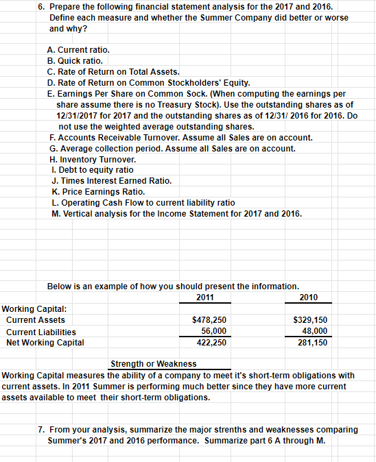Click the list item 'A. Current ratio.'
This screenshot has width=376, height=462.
click(x=78, y=50)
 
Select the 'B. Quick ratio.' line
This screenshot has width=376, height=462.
click(x=75, y=60)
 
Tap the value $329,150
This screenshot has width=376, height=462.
click(x=310, y=320)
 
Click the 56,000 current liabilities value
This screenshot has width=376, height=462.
click(x=211, y=331)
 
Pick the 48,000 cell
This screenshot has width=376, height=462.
click(x=315, y=331)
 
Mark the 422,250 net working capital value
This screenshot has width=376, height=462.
click(x=209, y=342)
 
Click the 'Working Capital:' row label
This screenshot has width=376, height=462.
click(x=30, y=309)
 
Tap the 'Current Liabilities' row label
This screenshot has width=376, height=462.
click(x=41, y=331)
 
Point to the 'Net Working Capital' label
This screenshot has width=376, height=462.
click(x=45, y=342)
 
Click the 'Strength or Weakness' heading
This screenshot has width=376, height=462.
click(x=153, y=363)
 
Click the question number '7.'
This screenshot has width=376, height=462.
click(x=42, y=429)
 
